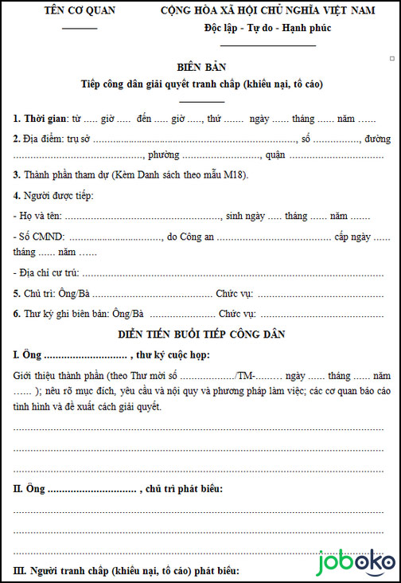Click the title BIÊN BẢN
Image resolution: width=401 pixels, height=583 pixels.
point(201,67)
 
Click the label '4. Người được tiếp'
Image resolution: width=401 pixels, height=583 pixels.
point(53,196)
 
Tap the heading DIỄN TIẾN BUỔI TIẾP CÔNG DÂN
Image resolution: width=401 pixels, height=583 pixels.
point(201,334)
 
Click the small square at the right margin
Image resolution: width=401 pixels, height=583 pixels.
point(392,58)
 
